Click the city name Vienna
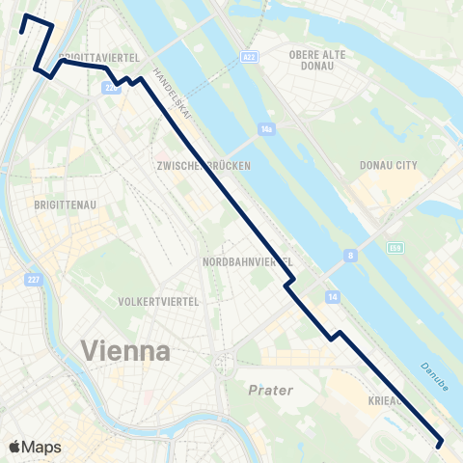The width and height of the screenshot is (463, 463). pos(126,350)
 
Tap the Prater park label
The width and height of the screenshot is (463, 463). pos(269,391)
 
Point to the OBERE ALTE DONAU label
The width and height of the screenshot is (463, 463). pos(317,60)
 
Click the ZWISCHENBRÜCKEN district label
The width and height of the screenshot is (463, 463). pos(203,166)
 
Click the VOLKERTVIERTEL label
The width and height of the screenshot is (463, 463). pos(157,301)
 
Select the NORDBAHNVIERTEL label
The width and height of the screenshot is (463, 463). pos(247,262)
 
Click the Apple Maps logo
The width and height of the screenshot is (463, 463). pos(35,447)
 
